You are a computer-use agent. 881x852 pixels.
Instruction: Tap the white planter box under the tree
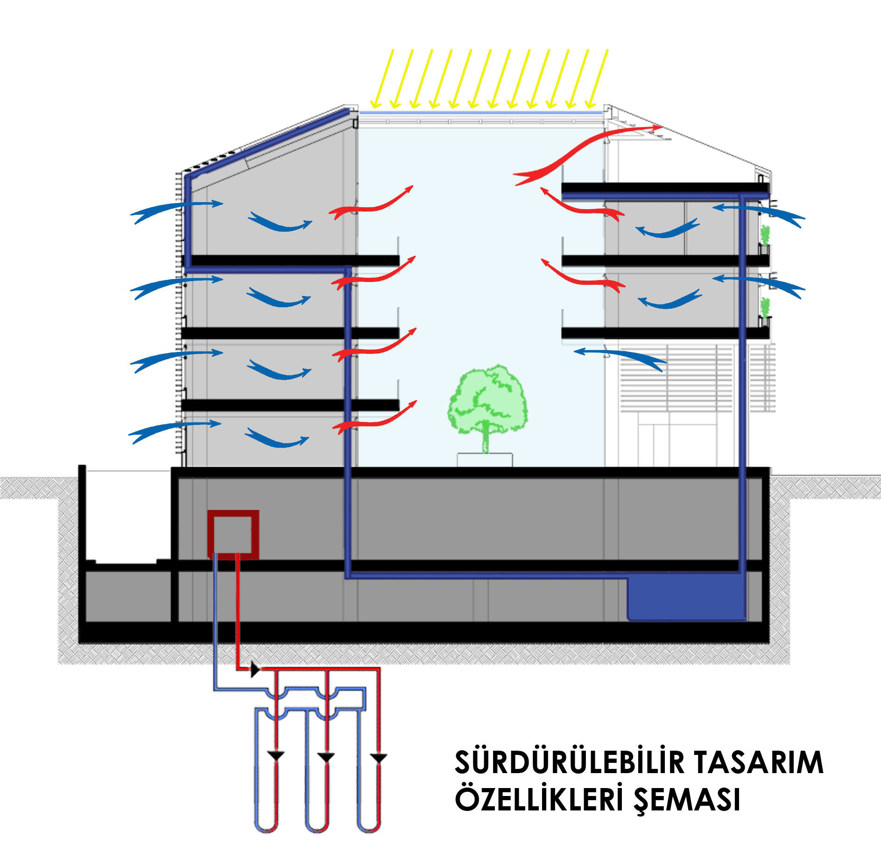point(485,459)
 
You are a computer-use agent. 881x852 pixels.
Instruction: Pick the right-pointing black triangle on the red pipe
point(255,669)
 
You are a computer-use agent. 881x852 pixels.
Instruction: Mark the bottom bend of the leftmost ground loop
point(266,829)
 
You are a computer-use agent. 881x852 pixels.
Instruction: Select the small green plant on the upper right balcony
point(765,234)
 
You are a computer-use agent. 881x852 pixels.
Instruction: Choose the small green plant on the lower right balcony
point(765,307)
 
